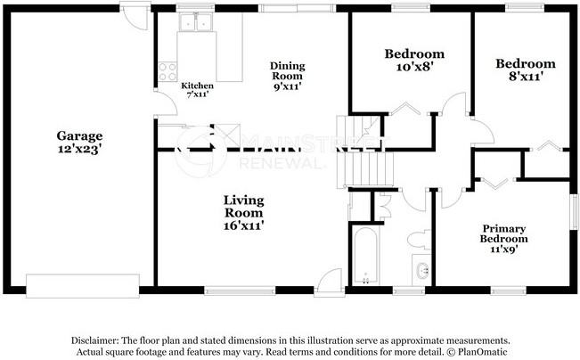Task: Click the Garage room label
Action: click(x=79, y=135)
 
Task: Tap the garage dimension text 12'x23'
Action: click(x=79, y=150)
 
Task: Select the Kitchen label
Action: click(x=197, y=86)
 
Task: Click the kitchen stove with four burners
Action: click(x=167, y=71)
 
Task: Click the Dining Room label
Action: click(x=288, y=71)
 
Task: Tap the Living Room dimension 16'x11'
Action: click(x=243, y=226)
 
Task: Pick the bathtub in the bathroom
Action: click(x=364, y=256)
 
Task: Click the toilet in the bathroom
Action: click(x=418, y=240)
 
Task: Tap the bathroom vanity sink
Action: click(x=422, y=271)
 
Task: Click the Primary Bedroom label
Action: click(x=504, y=233)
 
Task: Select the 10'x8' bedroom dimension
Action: click(x=413, y=68)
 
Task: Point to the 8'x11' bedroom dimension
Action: click(x=525, y=78)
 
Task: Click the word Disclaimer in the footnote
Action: click(x=95, y=340)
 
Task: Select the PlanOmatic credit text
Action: click(x=482, y=352)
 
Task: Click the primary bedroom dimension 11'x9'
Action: click(x=504, y=250)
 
